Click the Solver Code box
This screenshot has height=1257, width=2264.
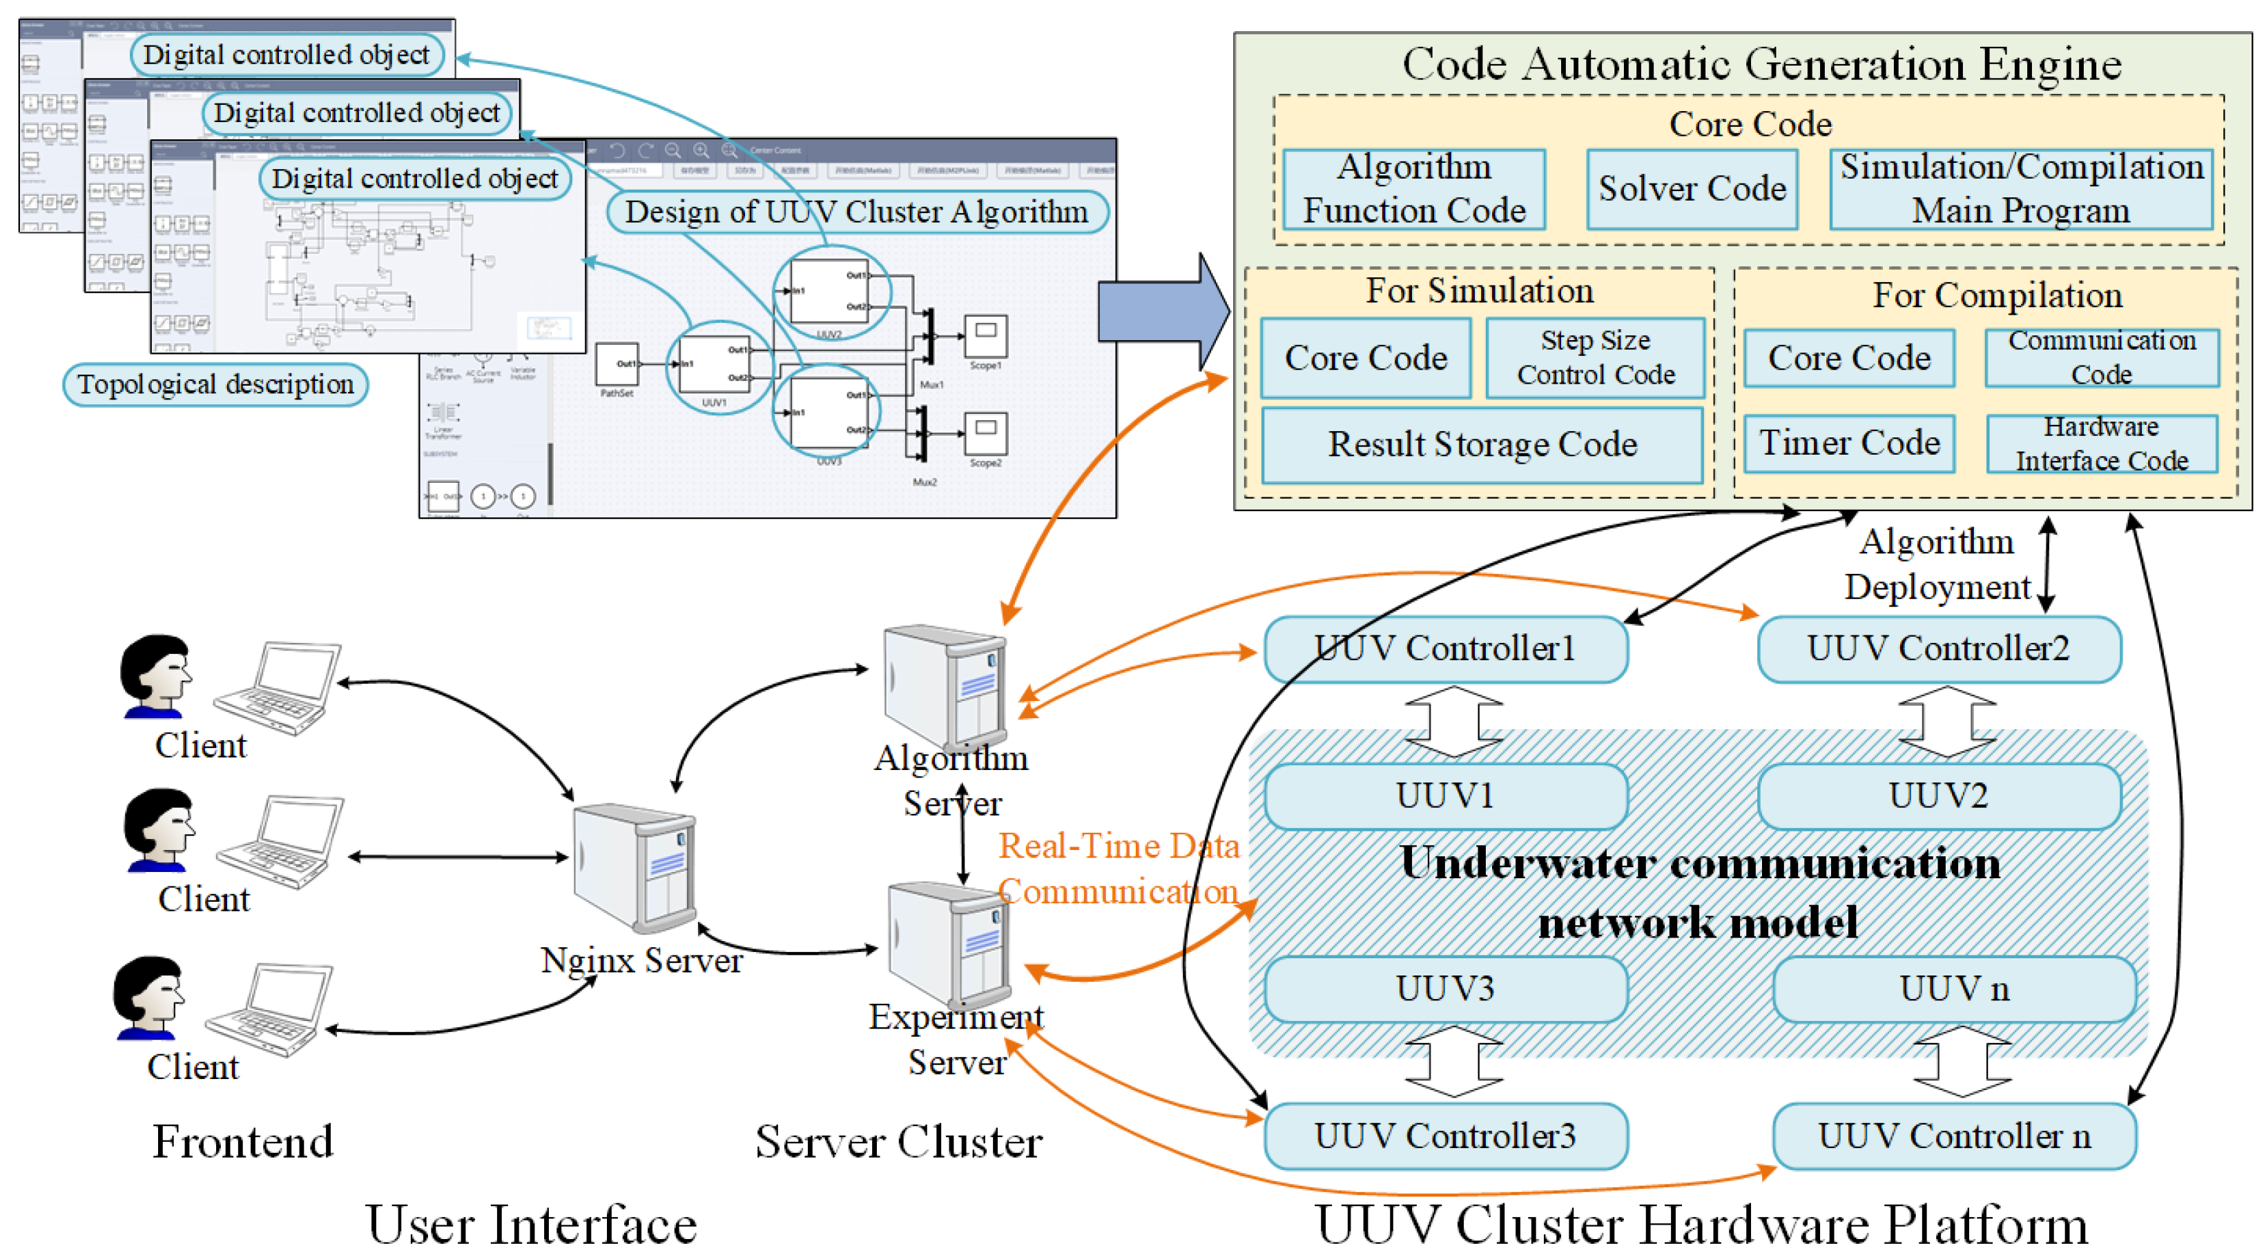point(1691,189)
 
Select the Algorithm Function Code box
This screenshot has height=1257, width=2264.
point(1413,189)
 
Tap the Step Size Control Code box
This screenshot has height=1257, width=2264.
point(1595,357)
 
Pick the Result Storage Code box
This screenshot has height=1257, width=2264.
point(1482,444)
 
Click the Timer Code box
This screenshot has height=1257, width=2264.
point(1848,444)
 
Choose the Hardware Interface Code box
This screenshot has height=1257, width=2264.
point(2102,444)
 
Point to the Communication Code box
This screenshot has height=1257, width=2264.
point(2102,357)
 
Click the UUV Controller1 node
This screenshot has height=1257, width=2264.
point(1446,649)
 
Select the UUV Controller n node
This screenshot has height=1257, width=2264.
point(1954,1136)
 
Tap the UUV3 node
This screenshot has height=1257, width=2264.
point(1446,988)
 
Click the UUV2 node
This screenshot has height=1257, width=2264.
point(1938,796)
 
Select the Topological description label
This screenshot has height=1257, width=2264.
point(215,385)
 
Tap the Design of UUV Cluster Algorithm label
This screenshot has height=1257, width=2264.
point(857,212)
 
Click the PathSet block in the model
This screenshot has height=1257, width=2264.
point(617,364)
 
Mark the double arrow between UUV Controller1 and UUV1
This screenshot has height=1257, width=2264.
point(1453,722)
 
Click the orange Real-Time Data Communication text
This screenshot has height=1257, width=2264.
point(1118,869)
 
